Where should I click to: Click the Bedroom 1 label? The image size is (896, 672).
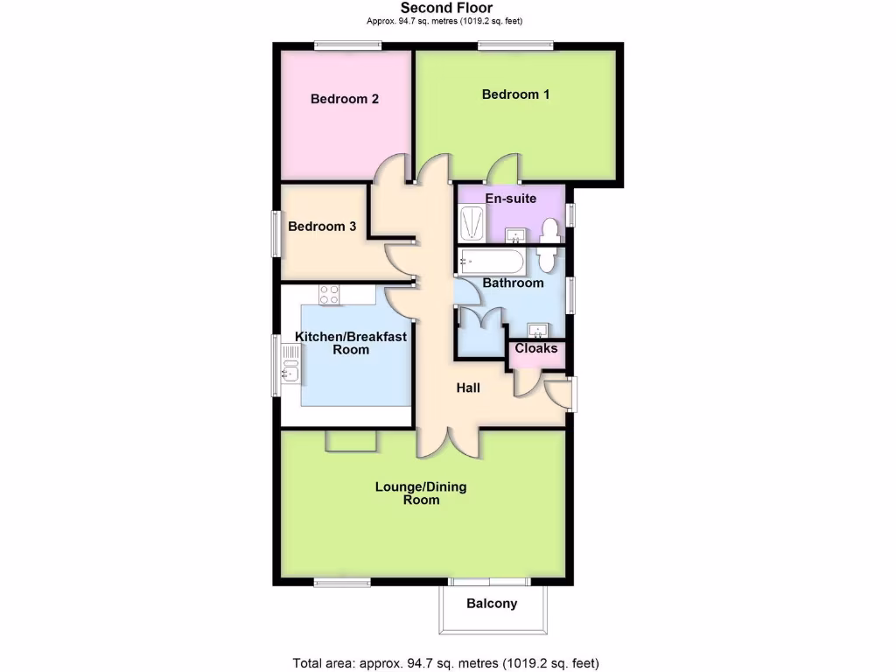pos(515,94)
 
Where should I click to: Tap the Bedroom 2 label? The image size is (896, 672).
pos(345,99)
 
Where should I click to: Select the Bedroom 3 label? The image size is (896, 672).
pos(322,227)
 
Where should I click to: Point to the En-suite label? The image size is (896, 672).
pos(511,199)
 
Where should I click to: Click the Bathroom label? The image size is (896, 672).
pos(514,283)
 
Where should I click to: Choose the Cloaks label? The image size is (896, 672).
pos(536,348)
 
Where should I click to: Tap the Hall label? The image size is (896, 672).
pos(468,388)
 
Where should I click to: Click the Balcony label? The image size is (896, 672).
pos(492,604)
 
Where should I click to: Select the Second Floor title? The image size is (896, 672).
pos(447,9)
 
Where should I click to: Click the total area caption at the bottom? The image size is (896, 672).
pos(446,662)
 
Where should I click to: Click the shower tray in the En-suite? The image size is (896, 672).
pos(472,222)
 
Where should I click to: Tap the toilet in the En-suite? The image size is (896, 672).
pos(550,229)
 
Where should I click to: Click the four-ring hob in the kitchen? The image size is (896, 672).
pos(330,295)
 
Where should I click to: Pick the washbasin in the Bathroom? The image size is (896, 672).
pos(537,329)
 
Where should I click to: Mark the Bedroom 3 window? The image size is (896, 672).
pos(276,234)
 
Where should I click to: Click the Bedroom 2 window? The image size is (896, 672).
pos(348,45)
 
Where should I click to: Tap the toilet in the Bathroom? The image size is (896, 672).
pos(547,259)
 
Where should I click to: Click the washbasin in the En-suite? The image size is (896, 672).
pos(516,234)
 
